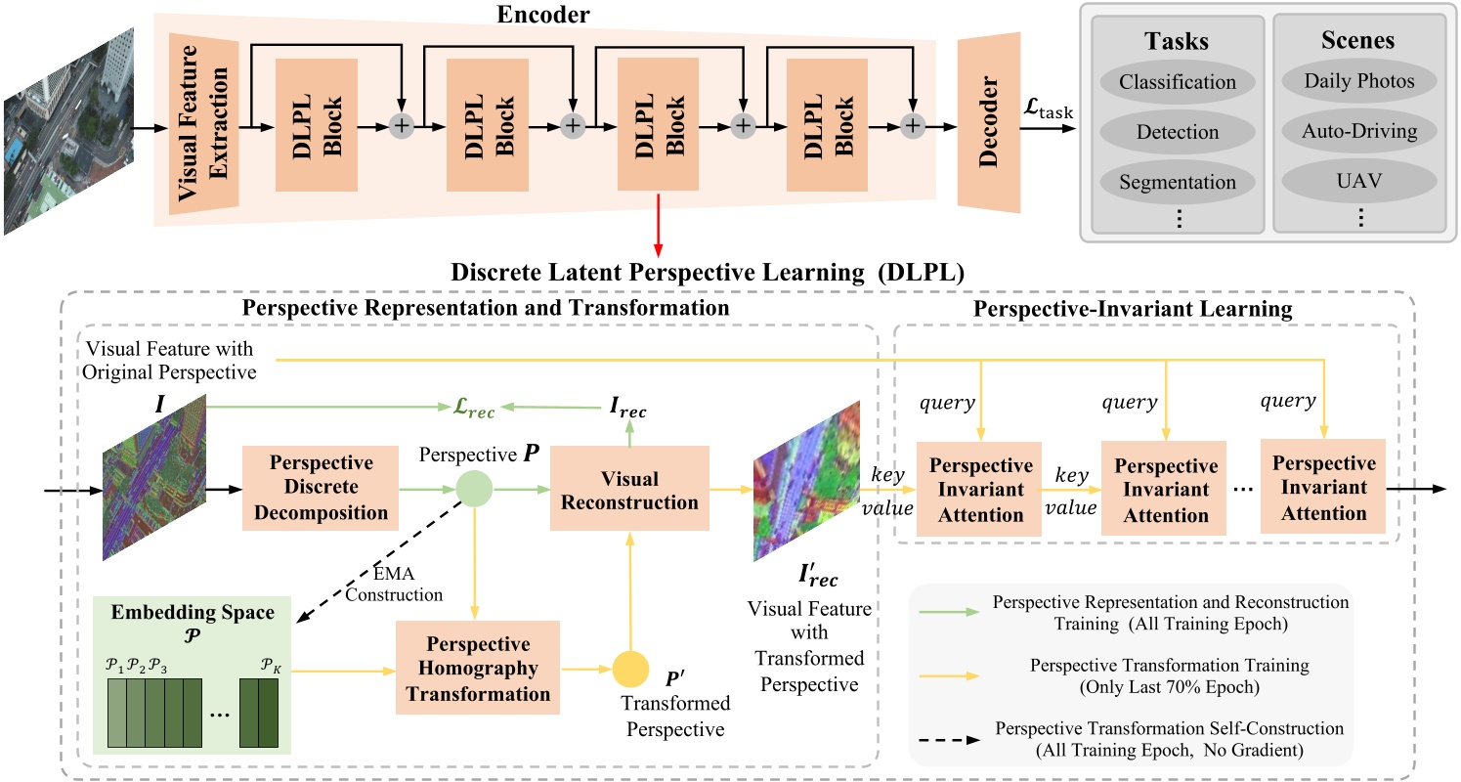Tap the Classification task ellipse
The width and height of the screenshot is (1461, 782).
click(x=1178, y=82)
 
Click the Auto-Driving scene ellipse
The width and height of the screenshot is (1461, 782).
click(x=1359, y=131)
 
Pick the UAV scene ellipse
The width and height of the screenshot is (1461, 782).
click(x=1359, y=181)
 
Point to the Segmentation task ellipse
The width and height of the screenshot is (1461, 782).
click(x=1178, y=182)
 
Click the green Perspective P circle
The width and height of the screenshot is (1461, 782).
click(x=474, y=485)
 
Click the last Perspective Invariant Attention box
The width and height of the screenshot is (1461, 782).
click(x=1318, y=485)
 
